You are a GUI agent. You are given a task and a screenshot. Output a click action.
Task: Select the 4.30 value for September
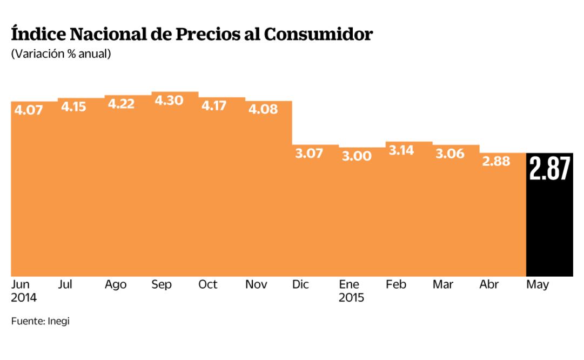coord(168,101)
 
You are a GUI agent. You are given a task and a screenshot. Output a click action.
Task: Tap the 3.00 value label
coord(356,156)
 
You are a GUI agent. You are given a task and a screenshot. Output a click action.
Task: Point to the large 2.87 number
coord(549,169)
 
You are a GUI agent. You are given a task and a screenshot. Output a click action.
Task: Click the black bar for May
coord(549,227)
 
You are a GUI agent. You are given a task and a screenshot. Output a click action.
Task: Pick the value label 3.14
coord(401,150)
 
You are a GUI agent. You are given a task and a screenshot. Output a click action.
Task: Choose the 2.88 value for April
coord(495,161)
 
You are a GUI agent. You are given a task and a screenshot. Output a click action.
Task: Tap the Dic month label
coord(300,284)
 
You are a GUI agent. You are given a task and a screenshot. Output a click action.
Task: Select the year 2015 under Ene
coord(352,298)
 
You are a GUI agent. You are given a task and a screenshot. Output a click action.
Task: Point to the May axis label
coord(538,285)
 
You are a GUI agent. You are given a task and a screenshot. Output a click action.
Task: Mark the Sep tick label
coord(161,285)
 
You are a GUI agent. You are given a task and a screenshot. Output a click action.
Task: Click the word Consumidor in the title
coord(318,34)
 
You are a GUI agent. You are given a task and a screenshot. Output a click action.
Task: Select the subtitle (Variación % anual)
coord(61,54)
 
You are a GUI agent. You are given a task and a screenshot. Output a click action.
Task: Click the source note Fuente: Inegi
coord(41,321)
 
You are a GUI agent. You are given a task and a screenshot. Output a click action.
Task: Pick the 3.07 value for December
coord(309,154)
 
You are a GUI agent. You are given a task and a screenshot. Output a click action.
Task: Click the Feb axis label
coord(396,284)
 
